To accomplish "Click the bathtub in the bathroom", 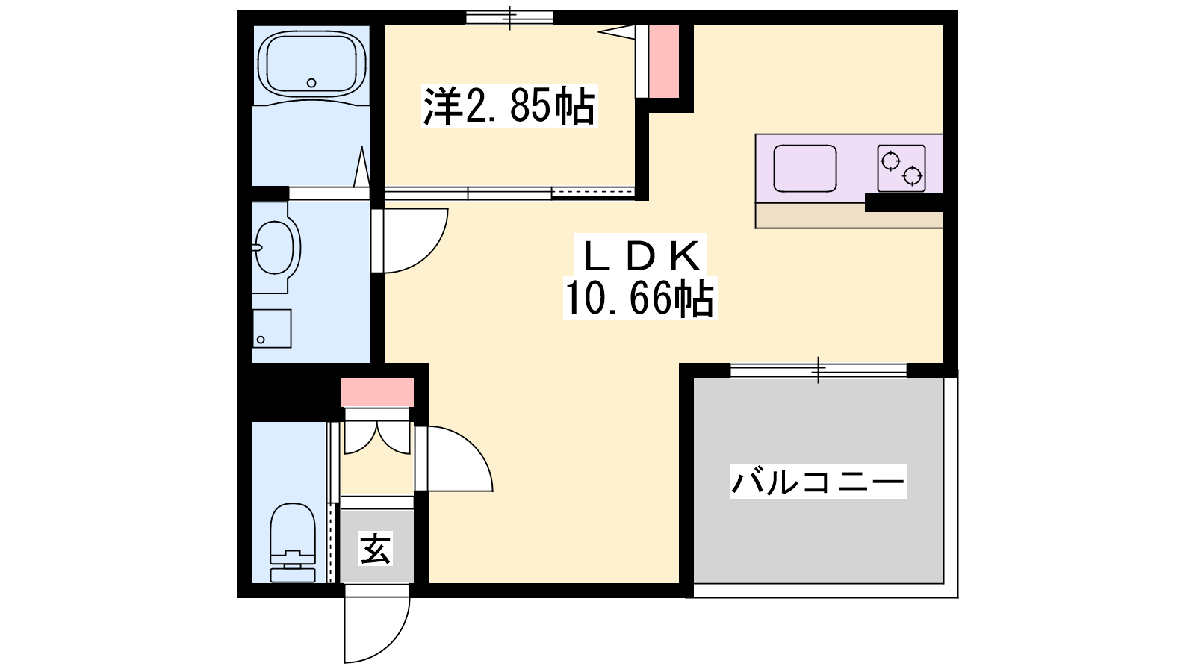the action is pos(311,65).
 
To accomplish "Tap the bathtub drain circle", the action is pos(311,83).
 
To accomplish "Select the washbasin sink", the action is pos(276,248).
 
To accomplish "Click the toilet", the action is pos(292,542).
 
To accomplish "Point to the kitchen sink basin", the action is pos(805,169).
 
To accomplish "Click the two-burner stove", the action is pos(901,168).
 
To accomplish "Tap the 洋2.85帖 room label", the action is pos(509,105).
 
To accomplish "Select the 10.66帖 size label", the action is pos(639,299).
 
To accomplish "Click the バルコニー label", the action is pos(818,482).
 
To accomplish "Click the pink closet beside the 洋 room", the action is pos(664,60).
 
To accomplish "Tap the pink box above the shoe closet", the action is pos(377,392).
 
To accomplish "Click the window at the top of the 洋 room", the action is pos(509,17).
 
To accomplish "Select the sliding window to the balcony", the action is pos(819,370).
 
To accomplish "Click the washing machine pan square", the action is pos(272,329).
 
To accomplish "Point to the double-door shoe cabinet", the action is pos(377,431).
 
